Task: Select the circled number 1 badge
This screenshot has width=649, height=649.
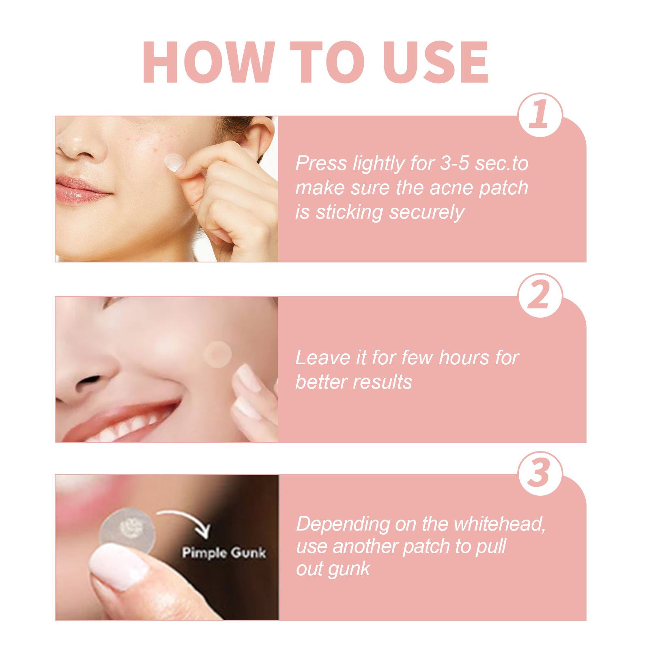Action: pos(540,115)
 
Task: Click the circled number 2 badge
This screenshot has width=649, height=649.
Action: pos(540,295)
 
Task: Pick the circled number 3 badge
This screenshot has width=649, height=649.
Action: pos(540,473)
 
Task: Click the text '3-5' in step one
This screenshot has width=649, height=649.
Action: pos(455,163)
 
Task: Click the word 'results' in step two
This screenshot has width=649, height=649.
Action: pos(387,382)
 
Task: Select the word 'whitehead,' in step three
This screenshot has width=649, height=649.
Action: pos(499,524)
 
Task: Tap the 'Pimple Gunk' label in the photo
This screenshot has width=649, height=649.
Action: pos(223,552)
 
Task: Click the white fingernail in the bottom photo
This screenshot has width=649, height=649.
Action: pos(118,565)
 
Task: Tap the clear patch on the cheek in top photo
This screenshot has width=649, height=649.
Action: pos(175,163)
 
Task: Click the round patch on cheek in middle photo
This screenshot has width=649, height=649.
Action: pos(218,355)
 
